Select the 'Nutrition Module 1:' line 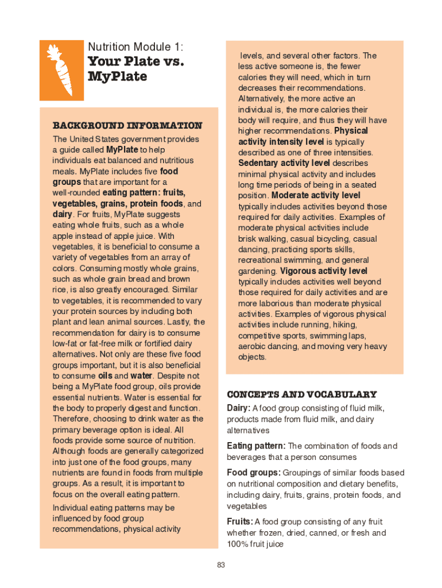click(135, 47)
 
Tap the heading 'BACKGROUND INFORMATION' click(127, 125)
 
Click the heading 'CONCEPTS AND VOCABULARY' click(302, 394)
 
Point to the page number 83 click(221, 566)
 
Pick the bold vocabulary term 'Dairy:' click(239, 408)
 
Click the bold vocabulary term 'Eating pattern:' click(256, 446)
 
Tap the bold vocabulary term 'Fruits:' click(240, 522)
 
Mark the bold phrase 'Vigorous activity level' click(324, 271)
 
